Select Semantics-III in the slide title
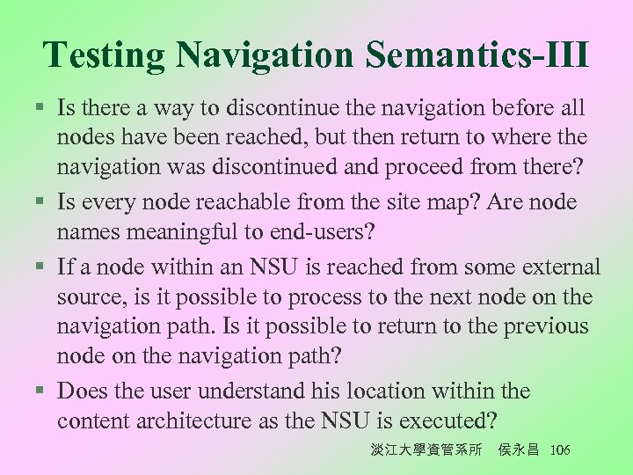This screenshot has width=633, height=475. pyautogui.click(x=477, y=55)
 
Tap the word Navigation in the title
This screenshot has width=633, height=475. pyautogui.click(x=265, y=55)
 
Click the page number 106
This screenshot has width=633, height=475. pyautogui.click(x=558, y=449)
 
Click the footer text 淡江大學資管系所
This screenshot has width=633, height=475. pyautogui.click(x=426, y=449)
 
